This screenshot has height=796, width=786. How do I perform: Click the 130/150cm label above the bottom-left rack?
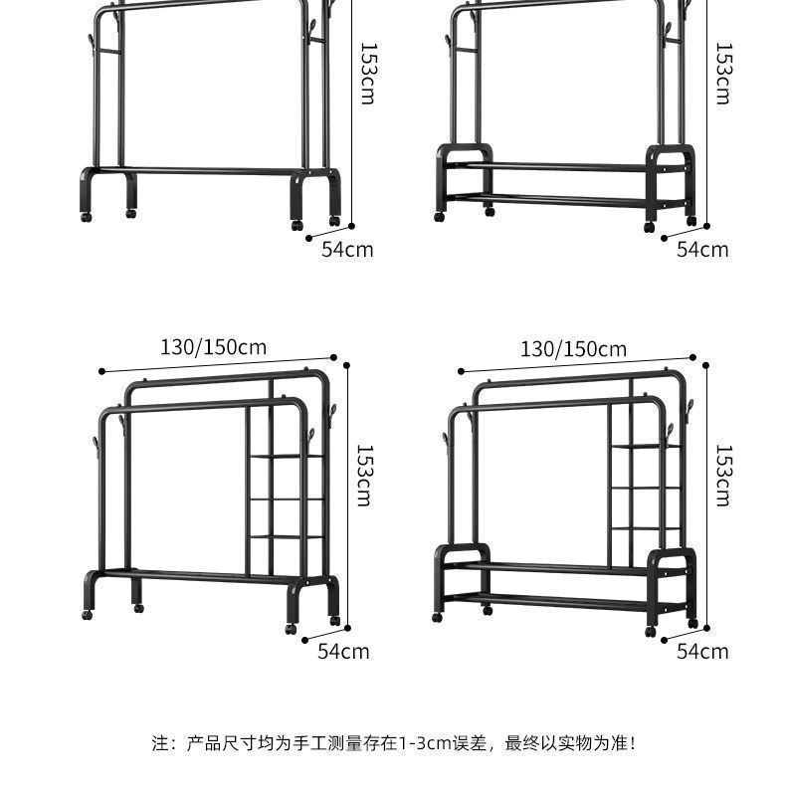click(x=213, y=347)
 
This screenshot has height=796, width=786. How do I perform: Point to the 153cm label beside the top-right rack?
click(x=723, y=73)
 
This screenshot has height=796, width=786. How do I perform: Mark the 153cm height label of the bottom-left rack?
click(x=364, y=475)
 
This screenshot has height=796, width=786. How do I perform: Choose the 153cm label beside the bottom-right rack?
click(x=723, y=475)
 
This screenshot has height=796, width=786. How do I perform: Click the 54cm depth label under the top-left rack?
click(x=347, y=249)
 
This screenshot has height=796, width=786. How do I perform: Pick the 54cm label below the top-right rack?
click(x=702, y=249)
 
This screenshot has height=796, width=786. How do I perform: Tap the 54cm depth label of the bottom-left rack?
click(x=343, y=651)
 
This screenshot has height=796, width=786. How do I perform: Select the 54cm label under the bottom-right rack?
click(x=702, y=651)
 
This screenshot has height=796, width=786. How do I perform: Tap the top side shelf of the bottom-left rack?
click(x=287, y=457)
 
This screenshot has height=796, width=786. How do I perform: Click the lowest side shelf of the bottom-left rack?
click(x=287, y=536)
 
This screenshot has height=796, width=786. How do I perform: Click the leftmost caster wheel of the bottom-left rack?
click(x=86, y=615)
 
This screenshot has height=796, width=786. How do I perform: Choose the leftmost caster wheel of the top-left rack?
click(x=88, y=215)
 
